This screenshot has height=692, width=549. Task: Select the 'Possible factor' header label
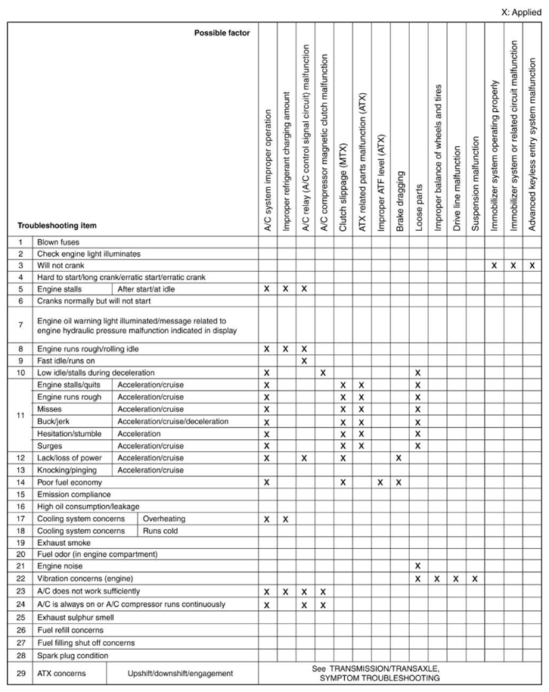(222, 33)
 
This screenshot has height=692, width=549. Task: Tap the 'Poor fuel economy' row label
(70, 482)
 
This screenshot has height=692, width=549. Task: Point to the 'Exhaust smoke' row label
(64, 542)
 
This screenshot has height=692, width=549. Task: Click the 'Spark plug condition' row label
(73, 655)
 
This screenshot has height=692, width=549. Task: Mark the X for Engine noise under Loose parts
(417, 566)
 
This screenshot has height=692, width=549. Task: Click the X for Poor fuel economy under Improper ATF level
(380, 482)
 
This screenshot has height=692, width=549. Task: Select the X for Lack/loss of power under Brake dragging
(399, 457)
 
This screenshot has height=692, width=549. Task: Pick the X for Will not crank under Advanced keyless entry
(532, 265)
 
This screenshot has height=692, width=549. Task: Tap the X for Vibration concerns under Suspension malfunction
(475, 578)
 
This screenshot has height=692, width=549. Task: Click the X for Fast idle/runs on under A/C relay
(304, 360)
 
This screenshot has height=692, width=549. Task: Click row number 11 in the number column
(21, 415)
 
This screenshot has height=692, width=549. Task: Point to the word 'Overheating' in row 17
(164, 519)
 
